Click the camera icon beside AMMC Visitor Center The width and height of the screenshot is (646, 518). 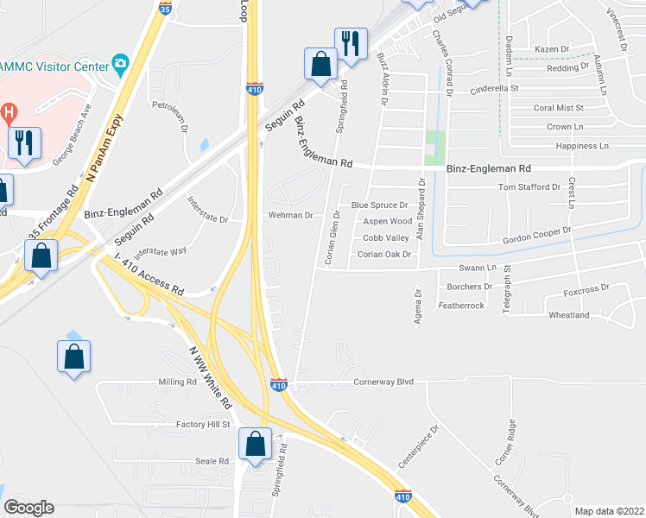120,64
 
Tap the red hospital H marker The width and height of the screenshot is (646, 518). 9,111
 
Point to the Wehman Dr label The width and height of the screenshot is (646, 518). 290,215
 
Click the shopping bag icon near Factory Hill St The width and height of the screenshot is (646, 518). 256,445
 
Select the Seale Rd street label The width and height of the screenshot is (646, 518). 211,461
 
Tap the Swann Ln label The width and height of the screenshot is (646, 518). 478,268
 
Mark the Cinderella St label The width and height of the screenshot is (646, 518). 493,88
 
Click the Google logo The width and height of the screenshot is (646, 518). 28,508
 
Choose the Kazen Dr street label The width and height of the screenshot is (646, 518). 553,49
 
